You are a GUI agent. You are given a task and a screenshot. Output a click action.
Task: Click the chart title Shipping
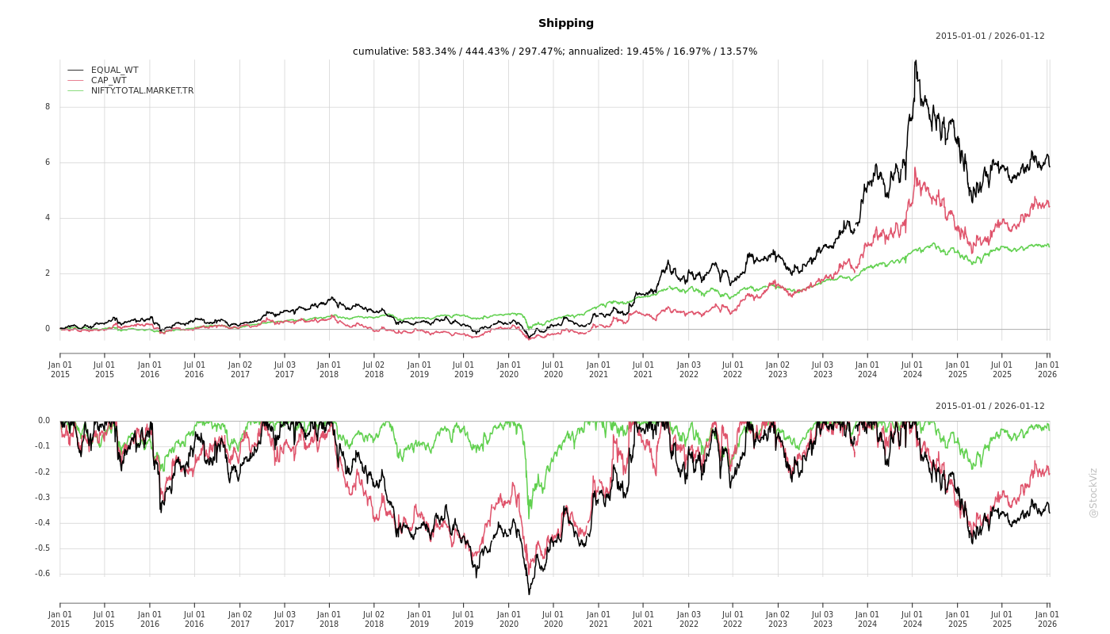coord(565,23)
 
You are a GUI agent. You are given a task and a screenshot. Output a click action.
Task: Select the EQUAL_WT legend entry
coord(114,70)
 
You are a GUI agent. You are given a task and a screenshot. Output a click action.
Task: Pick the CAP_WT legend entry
coord(109,80)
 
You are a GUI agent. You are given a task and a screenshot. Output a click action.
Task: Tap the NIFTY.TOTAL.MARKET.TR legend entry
coord(142,90)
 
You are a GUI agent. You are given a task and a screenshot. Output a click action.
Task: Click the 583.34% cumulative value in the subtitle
coord(438,52)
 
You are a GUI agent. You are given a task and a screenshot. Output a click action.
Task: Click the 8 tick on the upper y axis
coord(48,107)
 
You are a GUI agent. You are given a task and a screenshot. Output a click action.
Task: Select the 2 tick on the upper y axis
coord(48,273)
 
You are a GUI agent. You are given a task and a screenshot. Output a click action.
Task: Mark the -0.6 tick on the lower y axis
coord(44,574)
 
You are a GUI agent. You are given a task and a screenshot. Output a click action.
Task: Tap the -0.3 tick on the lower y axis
coord(44,498)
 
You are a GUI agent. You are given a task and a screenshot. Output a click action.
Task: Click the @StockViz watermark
coord(1093,492)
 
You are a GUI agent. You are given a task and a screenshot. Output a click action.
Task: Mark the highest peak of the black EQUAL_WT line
coord(916,60)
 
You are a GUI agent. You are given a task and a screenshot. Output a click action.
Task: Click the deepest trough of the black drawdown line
coord(529,594)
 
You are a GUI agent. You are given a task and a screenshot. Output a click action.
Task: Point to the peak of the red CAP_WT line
coord(915,167)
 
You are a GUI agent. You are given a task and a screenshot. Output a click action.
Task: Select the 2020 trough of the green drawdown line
coord(529,518)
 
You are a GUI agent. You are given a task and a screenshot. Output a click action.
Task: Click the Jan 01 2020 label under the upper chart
coord(509,369)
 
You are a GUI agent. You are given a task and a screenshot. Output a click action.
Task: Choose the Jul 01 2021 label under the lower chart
coord(643,619)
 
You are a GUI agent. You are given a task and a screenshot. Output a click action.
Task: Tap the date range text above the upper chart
coord(989,36)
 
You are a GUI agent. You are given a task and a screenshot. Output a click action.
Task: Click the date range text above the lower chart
coord(989,406)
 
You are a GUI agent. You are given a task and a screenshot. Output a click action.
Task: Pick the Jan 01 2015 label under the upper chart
coord(60,369)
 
